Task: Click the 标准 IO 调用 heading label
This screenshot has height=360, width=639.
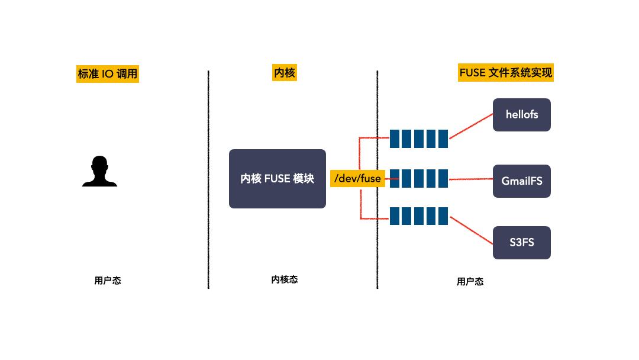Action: tap(108, 74)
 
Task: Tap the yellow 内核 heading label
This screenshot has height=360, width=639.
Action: tap(284, 73)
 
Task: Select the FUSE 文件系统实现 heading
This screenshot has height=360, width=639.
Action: tap(506, 73)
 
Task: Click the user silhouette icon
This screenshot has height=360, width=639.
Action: tap(99, 172)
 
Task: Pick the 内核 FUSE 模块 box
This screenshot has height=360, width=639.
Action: tap(277, 178)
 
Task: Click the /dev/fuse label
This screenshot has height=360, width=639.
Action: tap(357, 178)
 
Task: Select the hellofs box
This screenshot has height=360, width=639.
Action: tap(522, 115)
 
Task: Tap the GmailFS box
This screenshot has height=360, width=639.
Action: tap(522, 181)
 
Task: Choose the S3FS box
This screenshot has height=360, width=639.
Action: tap(522, 242)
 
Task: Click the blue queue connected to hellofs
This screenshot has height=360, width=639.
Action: tap(419, 139)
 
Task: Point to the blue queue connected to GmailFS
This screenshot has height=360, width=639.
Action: tap(419, 178)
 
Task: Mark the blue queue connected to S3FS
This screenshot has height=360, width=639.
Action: tap(419, 216)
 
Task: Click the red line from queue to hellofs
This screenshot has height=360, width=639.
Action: tap(471, 126)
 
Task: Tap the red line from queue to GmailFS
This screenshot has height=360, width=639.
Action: tap(471, 178)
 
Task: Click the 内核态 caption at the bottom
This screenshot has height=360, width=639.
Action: tap(285, 279)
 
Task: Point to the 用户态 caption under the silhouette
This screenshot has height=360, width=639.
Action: tap(108, 281)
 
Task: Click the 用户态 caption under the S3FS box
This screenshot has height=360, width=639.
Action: tap(470, 282)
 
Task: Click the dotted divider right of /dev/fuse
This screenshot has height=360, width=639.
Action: tap(377, 249)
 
